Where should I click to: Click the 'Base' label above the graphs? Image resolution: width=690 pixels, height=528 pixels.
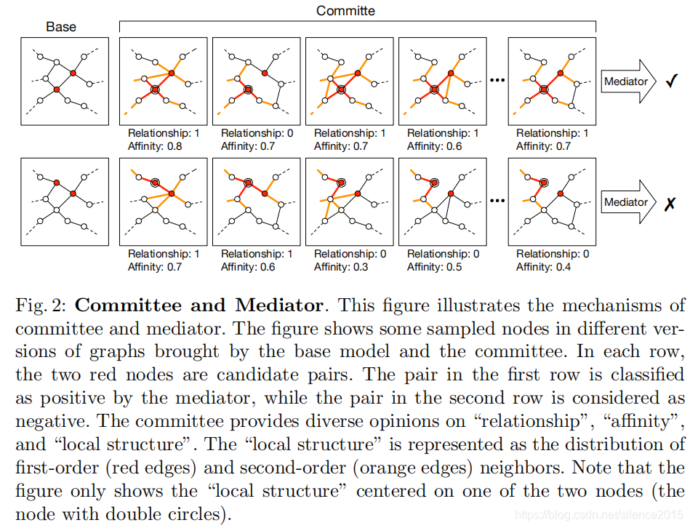tap(61, 27)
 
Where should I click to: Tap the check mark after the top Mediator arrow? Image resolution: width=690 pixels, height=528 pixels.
tap(671, 81)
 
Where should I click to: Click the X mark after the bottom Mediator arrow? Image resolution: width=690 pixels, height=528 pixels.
tap(670, 204)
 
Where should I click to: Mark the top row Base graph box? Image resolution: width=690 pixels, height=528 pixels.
tap(64, 81)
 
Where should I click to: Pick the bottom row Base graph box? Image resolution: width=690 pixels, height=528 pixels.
tap(64, 202)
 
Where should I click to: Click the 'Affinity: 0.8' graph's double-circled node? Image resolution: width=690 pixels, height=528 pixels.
tap(154, 89)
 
